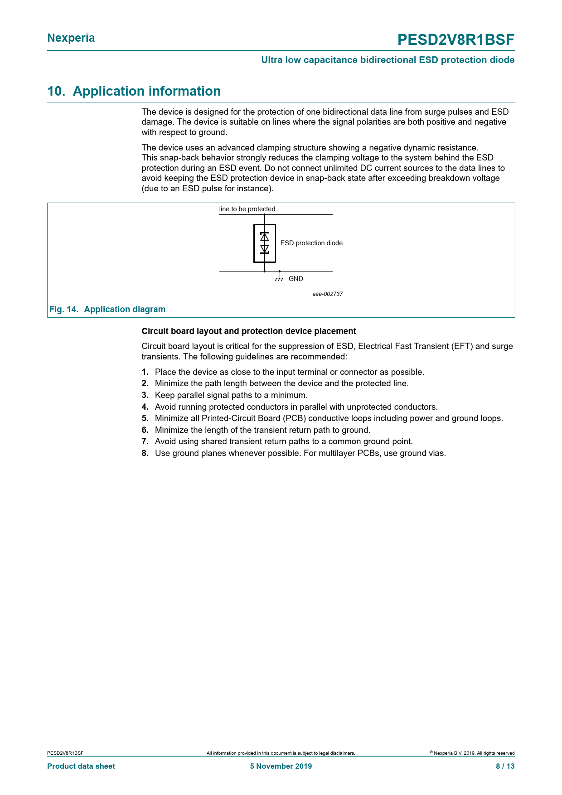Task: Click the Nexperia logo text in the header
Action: pos(71,38)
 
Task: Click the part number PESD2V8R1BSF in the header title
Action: pos(455,40)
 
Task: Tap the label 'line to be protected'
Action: pos(247,209)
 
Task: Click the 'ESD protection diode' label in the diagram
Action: pos(311,243)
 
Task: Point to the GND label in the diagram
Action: pos(296,279)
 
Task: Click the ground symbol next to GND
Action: pos(279,277)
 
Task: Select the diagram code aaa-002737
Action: pos(327,294)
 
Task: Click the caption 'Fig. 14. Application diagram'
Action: pos(107,310)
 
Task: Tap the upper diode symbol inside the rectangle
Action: pos(265,236)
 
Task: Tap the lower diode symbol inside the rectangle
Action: pos(265,249)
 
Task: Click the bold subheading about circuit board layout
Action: pos(249,331)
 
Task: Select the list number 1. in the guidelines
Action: pos(145,372)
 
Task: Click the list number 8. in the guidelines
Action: pos(145,453)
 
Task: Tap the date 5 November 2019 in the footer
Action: pos(281,766)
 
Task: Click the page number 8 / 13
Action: pos(505,766)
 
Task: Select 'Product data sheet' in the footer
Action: pos(81,766)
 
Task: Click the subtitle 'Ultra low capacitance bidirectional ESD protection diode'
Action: pos(388,60)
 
